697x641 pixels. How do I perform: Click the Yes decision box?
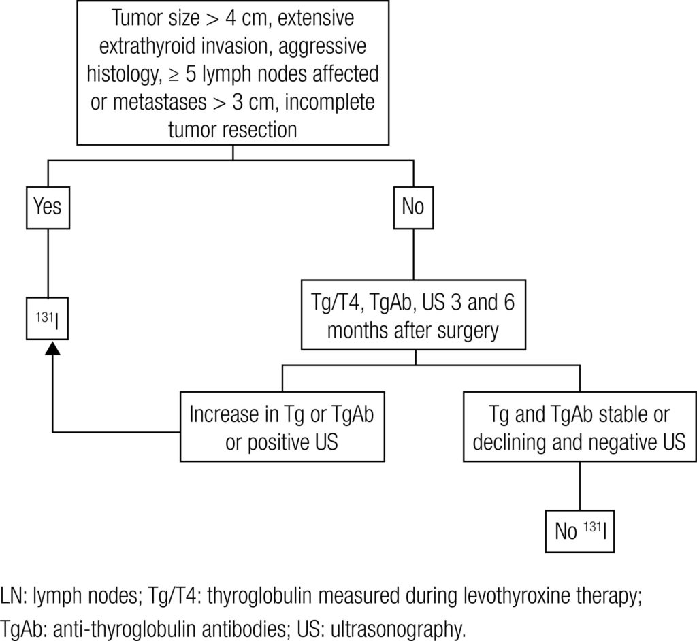pyautogui.click(x=47, y=206)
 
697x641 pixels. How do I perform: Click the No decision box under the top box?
pyautogui.click(x=412, y=206)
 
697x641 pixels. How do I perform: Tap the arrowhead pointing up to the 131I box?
pyautogui.click(x=53, y=346)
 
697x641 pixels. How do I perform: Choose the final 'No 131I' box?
pyautogui.click(x=580, y=531)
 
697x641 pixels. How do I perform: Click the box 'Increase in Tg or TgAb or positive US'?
pyautogui.click(x=282, y=427)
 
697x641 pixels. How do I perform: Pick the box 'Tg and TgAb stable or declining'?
pyautogui.click(x=580, y=427)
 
